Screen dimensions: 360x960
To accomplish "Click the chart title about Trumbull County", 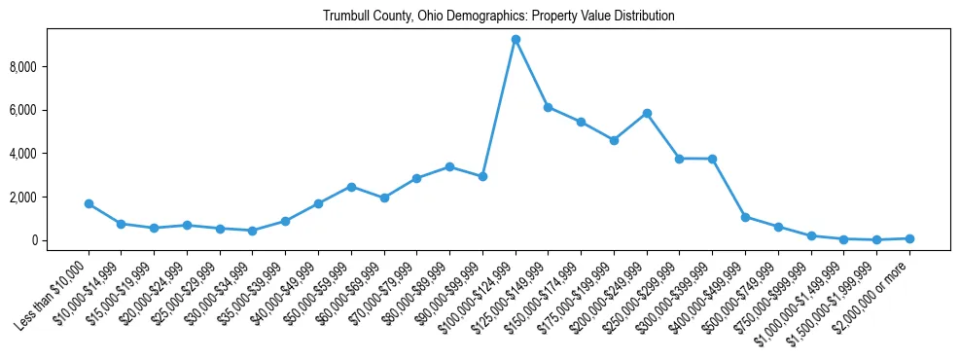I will (x=480, y=17).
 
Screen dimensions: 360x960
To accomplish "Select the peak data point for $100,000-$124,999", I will (x=516, y=39).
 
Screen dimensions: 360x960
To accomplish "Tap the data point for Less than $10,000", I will (x=89, y=203).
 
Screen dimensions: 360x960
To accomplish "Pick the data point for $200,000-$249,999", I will (x=647, y=113).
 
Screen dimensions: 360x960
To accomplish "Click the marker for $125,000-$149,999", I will (x=549, y=107).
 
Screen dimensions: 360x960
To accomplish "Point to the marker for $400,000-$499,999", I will (x=745, y=217).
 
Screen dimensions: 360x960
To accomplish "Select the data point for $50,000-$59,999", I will (x=351, y=187).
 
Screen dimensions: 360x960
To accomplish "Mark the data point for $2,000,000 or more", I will (x=909, y=238).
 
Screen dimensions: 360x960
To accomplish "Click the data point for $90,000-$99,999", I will (x=482, y=176).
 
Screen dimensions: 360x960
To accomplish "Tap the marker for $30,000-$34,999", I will (x=252, y=231).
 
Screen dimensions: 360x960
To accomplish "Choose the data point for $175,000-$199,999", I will (x=614, y=140).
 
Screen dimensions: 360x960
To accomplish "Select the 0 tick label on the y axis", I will (x=39, y=240).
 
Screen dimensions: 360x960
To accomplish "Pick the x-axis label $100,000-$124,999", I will (x=483, y=288).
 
